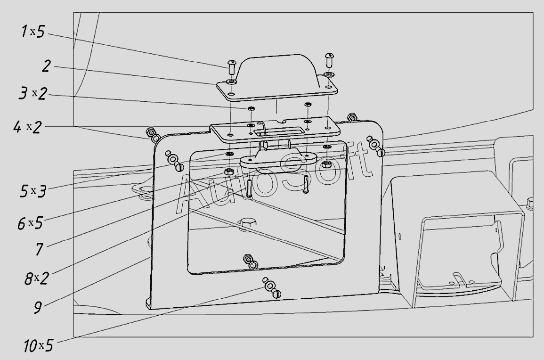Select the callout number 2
[x=46, y=66]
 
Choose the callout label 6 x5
[x=30, y=223]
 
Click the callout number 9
[x=38, y=307]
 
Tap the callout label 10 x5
[x=38, y=346]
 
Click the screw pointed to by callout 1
[x=232, y=66]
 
